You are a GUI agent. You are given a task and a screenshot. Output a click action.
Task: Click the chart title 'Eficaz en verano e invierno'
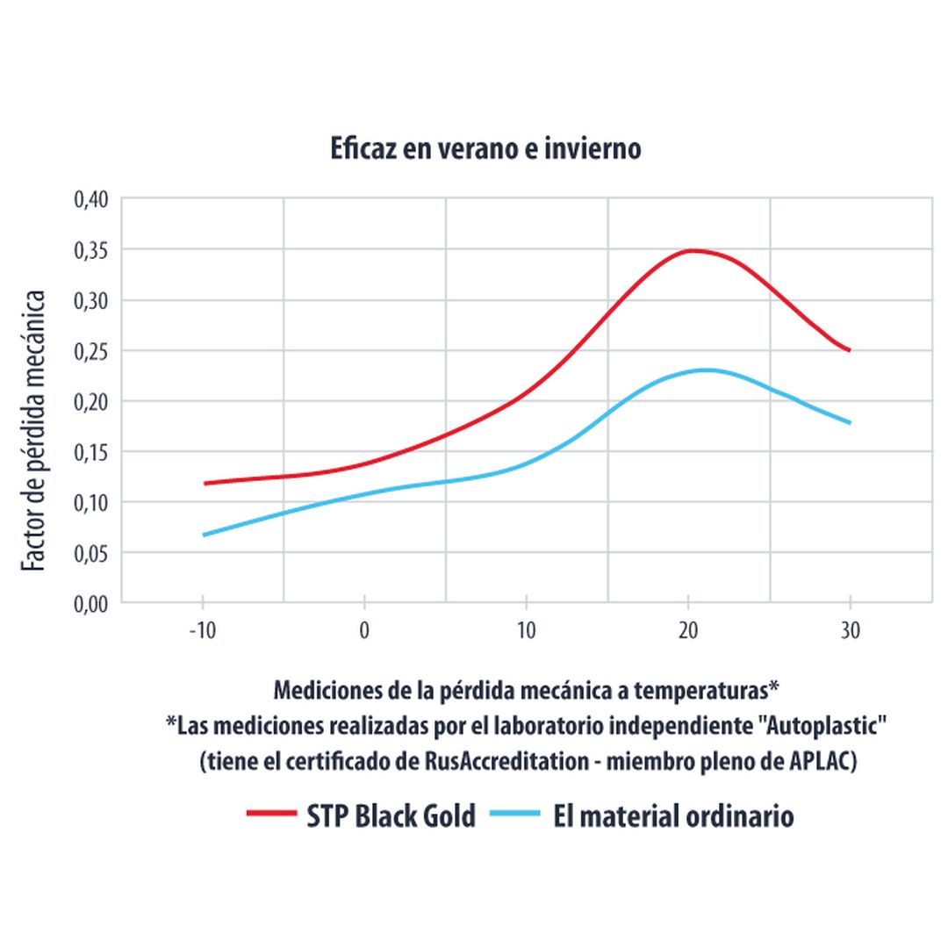485,148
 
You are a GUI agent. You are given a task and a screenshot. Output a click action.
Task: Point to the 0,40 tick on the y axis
90,199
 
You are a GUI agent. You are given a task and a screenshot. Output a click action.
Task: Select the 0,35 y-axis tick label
90,250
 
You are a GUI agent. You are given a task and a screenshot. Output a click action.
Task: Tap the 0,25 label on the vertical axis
90,351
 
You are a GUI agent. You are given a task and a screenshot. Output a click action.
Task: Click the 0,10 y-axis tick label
90,502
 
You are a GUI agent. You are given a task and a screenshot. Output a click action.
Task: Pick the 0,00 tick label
90,603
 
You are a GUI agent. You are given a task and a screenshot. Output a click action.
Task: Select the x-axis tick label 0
364,631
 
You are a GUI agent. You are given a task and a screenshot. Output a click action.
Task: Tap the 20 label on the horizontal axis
688,631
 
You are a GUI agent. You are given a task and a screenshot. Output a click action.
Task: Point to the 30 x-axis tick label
850,631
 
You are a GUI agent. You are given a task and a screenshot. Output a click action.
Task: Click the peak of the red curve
693,250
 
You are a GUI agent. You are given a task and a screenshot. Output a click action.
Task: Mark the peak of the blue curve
705,370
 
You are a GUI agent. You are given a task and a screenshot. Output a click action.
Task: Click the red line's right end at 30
850,350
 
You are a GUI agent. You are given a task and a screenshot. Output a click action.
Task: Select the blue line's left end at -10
204,535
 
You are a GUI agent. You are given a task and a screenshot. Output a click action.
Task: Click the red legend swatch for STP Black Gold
271,815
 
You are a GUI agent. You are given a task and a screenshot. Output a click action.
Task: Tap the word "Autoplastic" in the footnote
825,726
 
